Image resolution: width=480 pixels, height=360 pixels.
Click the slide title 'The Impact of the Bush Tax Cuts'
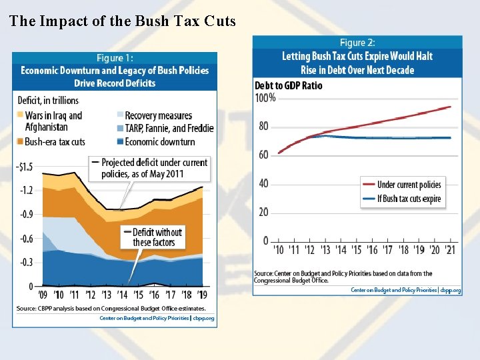123,21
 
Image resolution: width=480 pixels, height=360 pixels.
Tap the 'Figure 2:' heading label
357,43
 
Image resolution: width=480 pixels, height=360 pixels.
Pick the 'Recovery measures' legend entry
158,116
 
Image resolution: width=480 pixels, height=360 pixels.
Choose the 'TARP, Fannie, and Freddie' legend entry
169,128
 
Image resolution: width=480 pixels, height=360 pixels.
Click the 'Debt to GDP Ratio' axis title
288,85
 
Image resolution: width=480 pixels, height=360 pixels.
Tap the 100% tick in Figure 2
265,98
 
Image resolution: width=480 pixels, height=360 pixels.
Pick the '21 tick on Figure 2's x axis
451,250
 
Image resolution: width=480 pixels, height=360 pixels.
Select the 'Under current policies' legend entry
409,185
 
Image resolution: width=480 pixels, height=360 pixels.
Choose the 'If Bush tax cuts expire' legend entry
409,199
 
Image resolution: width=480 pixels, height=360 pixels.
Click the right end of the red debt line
451,107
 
